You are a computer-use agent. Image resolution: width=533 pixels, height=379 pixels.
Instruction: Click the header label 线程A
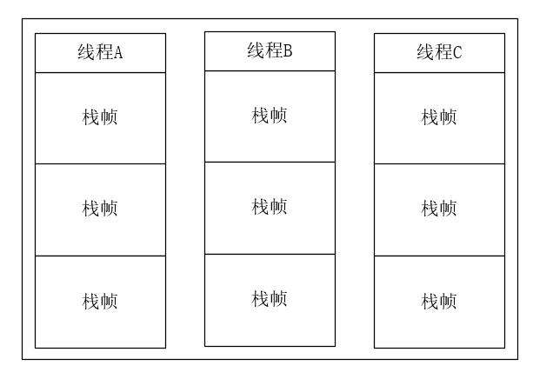tap(100, 52)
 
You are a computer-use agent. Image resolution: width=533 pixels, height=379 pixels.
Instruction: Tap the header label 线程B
tap(270, 50)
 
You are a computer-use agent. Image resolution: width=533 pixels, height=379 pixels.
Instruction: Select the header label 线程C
tap(439, 52)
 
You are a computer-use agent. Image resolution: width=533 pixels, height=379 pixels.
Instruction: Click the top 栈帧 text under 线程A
tap(100, 117)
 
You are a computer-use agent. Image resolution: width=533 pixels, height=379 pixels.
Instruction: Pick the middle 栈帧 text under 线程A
tap(100, 209)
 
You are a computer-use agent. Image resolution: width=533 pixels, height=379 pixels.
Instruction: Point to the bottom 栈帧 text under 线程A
tap(100, 302)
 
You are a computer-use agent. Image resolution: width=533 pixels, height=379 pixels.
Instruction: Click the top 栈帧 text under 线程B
tap(270, 116)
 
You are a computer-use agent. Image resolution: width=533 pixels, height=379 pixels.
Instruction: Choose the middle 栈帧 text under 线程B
tap(270, 207)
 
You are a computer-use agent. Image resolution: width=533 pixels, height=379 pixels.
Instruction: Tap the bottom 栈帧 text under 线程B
tap(270, 299)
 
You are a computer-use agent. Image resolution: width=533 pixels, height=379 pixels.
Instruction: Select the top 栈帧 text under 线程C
tap(439, 117)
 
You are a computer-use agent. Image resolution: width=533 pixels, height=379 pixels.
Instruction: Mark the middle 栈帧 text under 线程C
tap(439, 209)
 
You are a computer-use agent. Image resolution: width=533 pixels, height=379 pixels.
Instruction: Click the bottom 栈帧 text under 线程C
tap(439, 302)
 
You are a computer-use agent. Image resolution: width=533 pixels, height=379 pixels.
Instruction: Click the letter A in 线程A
tap(118, 53)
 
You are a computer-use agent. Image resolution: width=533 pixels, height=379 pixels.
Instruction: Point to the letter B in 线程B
tap(288, 51)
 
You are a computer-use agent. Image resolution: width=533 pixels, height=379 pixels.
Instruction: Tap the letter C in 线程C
tap(457, 53)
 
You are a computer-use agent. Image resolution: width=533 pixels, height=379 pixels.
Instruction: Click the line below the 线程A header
tap(100, 72)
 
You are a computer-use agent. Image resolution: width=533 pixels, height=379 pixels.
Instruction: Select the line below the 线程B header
tap(270, 70)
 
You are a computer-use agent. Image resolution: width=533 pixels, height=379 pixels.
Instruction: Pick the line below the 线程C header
tap(439, 72)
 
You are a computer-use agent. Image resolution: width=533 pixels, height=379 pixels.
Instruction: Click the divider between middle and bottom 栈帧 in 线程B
tap(270, 254)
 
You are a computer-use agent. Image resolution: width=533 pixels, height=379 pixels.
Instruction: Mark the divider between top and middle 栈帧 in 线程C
tap(439, 163)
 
